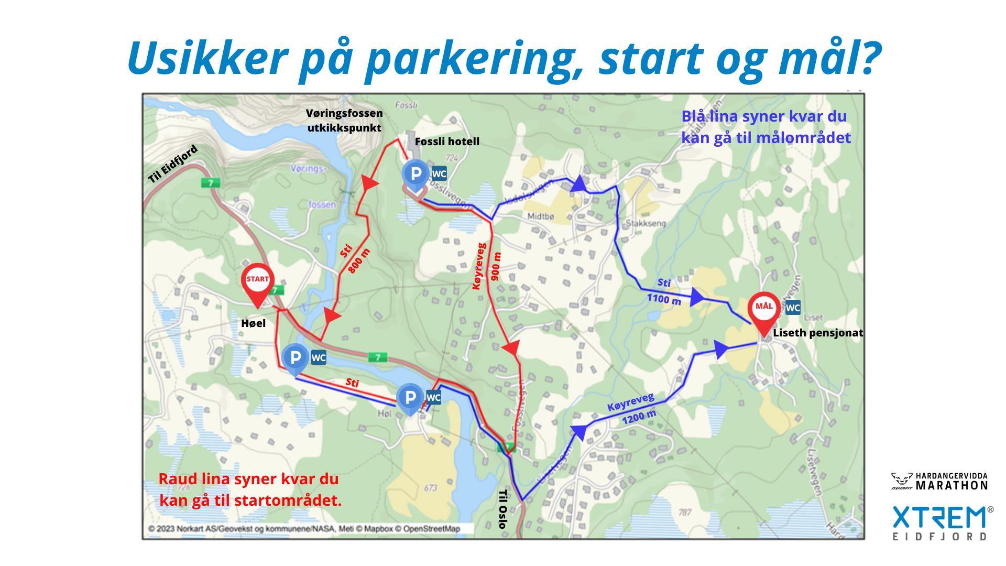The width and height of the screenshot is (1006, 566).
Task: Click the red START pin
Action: [257, 283]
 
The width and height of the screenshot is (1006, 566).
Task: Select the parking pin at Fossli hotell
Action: [415, 175]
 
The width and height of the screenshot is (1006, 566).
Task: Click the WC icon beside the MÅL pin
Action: [793, 308]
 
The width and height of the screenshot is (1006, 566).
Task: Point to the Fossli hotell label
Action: [447, 141]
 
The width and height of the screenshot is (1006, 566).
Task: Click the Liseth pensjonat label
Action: [817, 333]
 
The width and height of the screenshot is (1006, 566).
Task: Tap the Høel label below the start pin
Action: [253, 323]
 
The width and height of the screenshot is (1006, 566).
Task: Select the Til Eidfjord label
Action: [172, 164]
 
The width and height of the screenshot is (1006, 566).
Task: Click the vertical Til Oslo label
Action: [502, 509]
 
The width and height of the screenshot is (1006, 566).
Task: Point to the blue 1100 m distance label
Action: [664, 299]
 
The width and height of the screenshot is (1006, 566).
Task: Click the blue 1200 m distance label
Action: [639, 417]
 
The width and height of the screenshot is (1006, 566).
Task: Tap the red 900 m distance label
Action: [496, 266]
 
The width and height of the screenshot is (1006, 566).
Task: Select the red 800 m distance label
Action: [359, 260]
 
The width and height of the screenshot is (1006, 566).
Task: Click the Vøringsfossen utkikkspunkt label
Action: [344, 121]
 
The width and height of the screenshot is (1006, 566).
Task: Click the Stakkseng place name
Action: [646, 223]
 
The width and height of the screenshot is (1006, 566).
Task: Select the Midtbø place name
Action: [541, 216]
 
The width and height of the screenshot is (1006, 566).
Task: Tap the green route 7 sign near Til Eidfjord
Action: [211, 183]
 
